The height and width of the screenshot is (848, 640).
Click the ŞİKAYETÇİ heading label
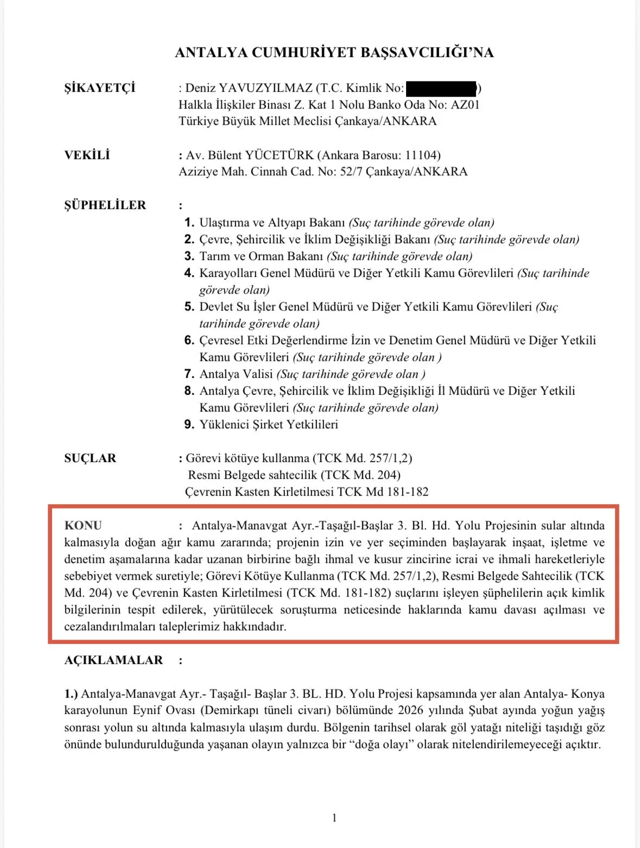[99, 88]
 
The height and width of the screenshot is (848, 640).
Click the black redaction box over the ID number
[441, 88]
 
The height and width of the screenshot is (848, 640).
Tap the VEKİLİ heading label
[87, 155]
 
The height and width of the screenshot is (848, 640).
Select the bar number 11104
[421, 155]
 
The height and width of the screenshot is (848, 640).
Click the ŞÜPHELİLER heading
[105, 205]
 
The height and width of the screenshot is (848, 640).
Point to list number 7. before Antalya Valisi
[189, 374]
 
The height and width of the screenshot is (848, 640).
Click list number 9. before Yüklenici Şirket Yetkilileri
[189, 425]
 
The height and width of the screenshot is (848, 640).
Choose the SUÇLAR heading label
[90, 458]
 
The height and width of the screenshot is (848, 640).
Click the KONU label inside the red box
[83, 526]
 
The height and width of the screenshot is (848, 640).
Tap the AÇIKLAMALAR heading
[113, 660]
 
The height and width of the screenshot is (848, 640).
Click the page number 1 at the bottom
[334, 818]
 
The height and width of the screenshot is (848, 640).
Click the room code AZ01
[465, 105]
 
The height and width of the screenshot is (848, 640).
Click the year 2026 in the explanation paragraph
[411, 711]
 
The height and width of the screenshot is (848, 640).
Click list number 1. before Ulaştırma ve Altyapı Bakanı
[189, 223]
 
